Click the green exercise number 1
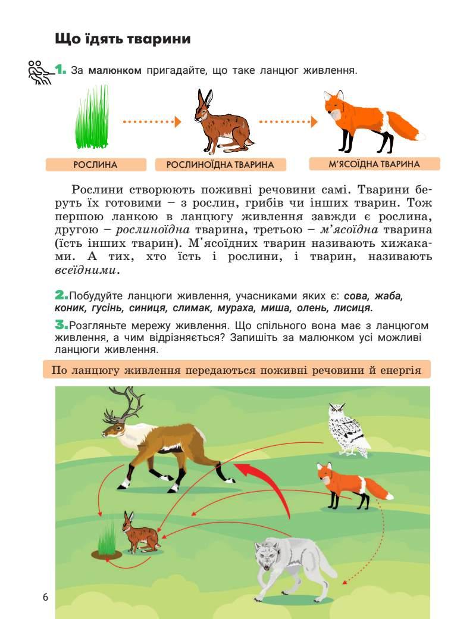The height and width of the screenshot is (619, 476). click(x=60, y=70)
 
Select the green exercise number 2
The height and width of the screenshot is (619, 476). click(x=61, y=295)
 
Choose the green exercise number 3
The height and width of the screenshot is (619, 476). click(x=61, y=325)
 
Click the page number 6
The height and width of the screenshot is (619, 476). click(x=45, y=598)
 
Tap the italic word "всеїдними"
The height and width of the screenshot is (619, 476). click(x=85, y=271)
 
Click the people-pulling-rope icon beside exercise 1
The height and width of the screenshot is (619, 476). click(x=40, y=72)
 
